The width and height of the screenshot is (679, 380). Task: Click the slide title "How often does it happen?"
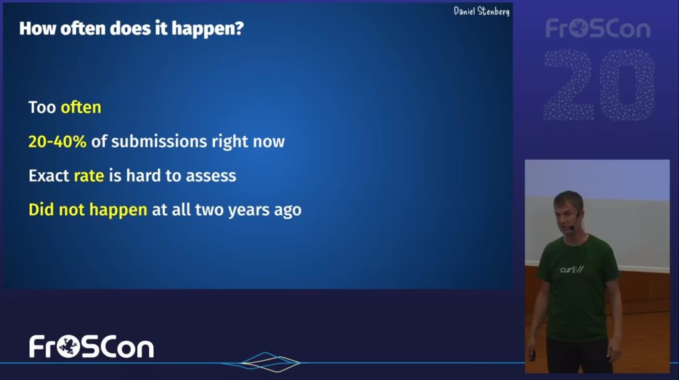click(x=132, y=28)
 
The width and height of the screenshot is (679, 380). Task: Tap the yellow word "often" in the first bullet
click(x=81, y=107)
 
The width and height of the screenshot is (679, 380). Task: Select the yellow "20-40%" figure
click(x=57, y=142)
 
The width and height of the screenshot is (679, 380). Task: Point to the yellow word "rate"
click(x=89, y=176)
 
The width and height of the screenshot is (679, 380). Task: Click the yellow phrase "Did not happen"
click(x=88, y=210)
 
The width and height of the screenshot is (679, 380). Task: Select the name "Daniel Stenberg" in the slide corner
click(x=481, y=11)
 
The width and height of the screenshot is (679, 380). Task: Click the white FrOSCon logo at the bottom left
click(x=92, y=347)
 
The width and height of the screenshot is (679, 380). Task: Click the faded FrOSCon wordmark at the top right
click(x=598, y=28)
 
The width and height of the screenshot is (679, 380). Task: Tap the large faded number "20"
click(x=599, y=85)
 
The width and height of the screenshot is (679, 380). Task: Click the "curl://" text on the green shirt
click(x=572, y=269)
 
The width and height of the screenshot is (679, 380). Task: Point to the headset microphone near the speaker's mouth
click(x=572, y=227)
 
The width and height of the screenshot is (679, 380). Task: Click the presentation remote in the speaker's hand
click(x=532, y=356)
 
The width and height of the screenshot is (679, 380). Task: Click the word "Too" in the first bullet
click(x=42, y=107)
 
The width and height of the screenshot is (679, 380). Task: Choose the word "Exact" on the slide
click(x=49, y=176)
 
